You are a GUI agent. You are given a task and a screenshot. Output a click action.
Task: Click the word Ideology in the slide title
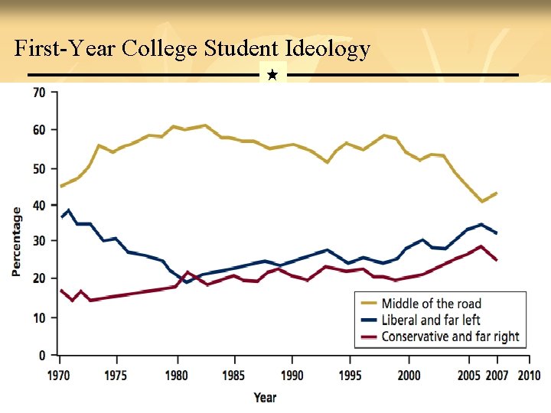(327, 50)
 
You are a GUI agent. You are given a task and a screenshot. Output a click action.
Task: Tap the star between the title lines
(272, 75)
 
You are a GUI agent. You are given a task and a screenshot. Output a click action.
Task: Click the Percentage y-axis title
(16, 242)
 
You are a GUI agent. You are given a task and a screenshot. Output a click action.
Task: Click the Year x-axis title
(265, 398)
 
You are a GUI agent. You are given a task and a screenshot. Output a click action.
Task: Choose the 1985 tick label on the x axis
(234, 376)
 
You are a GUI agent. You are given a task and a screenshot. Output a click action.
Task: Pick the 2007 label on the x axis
(497, 376)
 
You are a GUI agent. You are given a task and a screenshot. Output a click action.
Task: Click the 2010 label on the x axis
(528, 376)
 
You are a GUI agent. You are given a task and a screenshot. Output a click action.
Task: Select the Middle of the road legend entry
(431, 304)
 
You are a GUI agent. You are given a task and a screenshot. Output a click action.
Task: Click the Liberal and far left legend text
(431, 320)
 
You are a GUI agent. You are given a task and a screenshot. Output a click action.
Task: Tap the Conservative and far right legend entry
(450, 337)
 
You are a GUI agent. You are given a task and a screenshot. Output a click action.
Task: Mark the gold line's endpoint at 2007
(497, 193)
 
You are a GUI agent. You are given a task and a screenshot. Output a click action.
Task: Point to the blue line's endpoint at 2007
(497, 233)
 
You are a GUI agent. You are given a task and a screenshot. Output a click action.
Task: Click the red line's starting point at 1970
(61, 291)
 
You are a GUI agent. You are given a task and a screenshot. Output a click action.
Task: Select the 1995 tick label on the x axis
(350, 376)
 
